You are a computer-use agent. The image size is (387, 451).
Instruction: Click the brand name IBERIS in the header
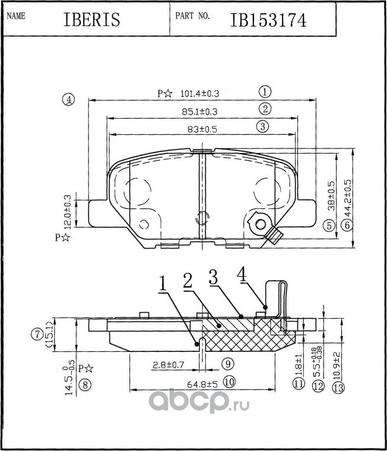coord(91,20)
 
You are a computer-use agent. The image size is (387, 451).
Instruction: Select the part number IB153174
coord(268,20)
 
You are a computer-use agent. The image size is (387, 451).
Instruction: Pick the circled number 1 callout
coord(265,92)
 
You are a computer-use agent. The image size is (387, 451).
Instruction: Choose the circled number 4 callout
coord(69,100)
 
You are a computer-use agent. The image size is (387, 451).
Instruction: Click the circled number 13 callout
coord(338,388)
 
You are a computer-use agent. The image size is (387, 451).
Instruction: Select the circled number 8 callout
coord(86,385)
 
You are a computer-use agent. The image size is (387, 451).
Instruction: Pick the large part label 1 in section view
coord(162,284)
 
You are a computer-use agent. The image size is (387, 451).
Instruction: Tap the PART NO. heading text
coord(192,17)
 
